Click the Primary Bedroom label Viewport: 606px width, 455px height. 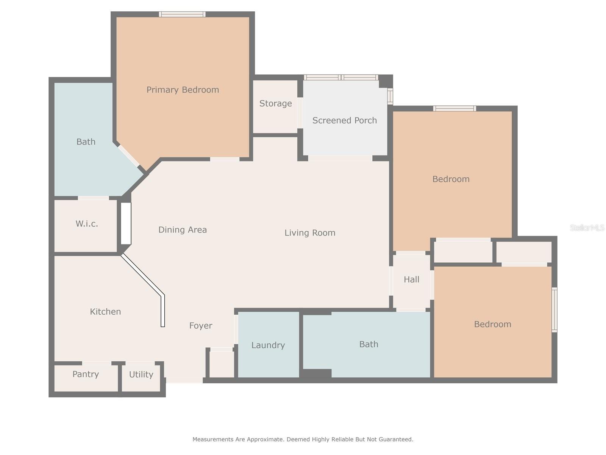pyautogui.click(x=183, y=90)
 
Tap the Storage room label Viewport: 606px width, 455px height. pyautogui.click(x=275, y=103)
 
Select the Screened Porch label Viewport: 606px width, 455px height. pyautogui.click(x=344, y=120)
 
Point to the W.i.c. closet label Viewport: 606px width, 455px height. pyautogui.click(x=87, y=223)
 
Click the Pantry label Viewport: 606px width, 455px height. pyautogui.click(x=86, y=374)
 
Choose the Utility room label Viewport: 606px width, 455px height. pyautogui.click(x=141, y=374)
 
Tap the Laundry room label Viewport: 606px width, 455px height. pyautogui.click(x=268, y=345)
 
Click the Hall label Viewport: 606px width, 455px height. pyautogui.click(x=411, y=279)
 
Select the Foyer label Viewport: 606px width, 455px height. pyautogui.click(x=201, y=325)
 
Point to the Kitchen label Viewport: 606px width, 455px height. pyautogui.click(x=105, y=312)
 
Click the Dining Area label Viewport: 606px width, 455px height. pyautogui.click(x=182, y=229)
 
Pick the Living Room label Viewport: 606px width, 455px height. pyautogui.click(x=310, y=232)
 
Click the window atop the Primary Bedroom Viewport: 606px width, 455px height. pyautogui.click(x=182, y=14)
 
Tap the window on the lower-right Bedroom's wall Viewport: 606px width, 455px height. pyautogui.click(x=554, y=309)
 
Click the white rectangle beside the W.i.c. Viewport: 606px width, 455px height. pyautogui.click(x=126, y=223)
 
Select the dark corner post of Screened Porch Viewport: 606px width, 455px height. pyautogui.click(x=386, y=81)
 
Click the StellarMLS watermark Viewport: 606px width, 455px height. pyautogui.click(x=587, y=227)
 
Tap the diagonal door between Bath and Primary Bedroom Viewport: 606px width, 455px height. pyautogui.click(x=128, y=156)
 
